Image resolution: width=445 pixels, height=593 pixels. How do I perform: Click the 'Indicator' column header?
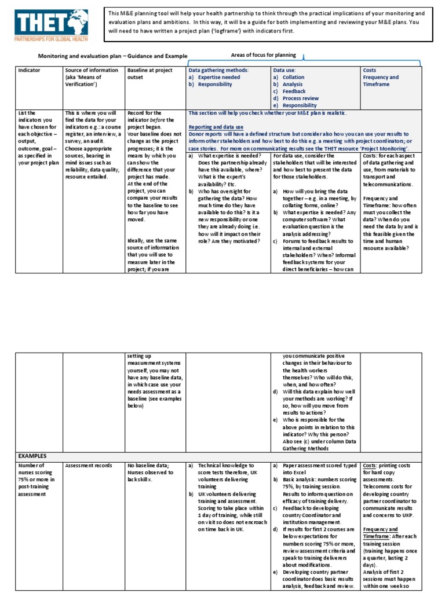pos(29,69)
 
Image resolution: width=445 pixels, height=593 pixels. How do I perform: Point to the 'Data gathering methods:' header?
pos(218,69)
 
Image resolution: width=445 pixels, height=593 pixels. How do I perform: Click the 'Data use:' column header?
pos(284,69)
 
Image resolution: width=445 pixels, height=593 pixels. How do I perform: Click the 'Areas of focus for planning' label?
pos(263,55)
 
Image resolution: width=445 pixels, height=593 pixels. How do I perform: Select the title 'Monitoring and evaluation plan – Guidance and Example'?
pos(113,56)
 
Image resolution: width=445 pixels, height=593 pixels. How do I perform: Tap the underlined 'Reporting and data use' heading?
pos(216,126)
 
